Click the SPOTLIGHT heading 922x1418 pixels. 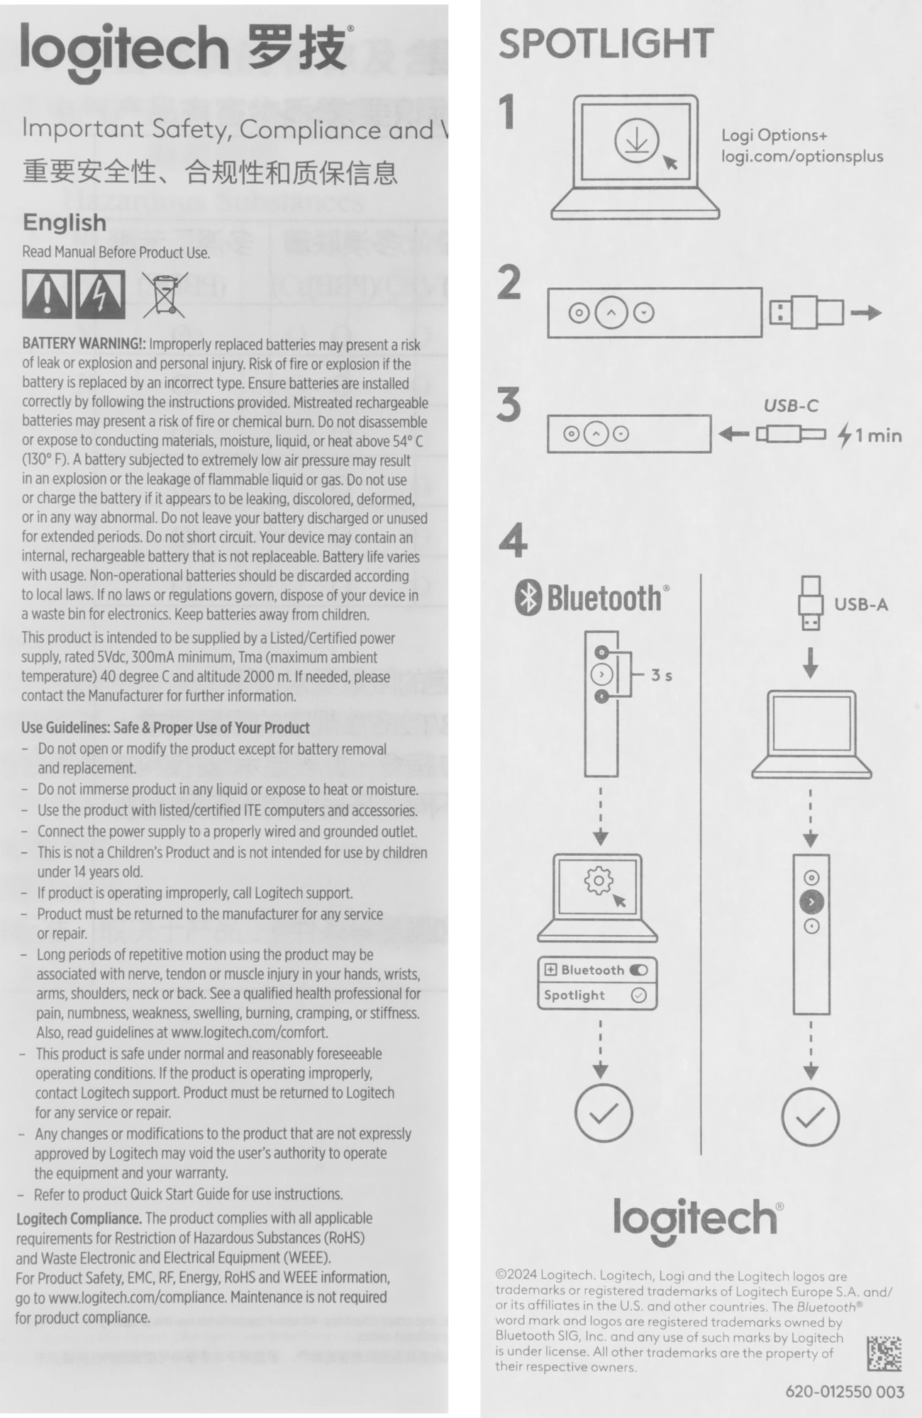click(x=606, y=44)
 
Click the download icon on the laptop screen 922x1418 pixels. click(x=636, y=140)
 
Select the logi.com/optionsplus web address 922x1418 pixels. click(x=802, y=157)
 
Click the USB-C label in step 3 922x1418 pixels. click(x=791, y=406)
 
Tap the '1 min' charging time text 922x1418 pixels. click(x=878, y=435)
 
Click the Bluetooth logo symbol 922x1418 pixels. click(x=527, y=598)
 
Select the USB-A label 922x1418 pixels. click(x=860, y=605)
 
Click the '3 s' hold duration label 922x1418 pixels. click(x=662, y=675)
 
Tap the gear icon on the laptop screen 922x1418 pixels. click(x=598, y=881)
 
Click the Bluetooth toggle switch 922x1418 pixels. click(x=638, y=970)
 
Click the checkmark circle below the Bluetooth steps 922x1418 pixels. click(x=602, y=1113)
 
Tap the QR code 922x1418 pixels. click(x=884, y=1353)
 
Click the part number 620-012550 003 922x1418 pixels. click(x=845, y=1391)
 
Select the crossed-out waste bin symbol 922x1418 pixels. click(x=164, y=295)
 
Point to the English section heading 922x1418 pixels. click(x=65, y=223)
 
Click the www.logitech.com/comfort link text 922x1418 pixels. click(x=250, y=1032)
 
